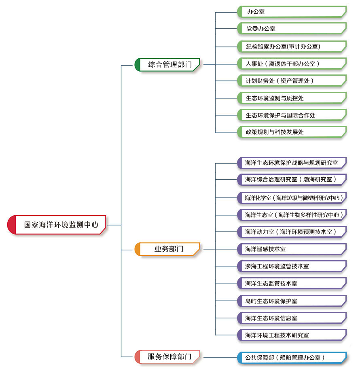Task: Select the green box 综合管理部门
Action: [167, 64]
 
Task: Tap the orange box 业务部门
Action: [167, 249]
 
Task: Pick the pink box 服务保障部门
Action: [167, 357]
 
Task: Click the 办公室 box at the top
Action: [292, 12]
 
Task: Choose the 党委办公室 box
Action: [292, 29]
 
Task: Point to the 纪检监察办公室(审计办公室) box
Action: [292, 46]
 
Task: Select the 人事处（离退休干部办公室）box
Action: [292, 64]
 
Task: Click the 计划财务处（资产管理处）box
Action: [292, 81]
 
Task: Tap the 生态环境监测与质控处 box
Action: [292, 98]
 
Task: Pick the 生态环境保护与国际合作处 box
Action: [292, 115]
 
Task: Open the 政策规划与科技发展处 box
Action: [292, 132]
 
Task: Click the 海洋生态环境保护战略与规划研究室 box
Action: [292, 163]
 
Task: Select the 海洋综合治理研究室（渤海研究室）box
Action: [292, 179]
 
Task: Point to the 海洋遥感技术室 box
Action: [292, 249]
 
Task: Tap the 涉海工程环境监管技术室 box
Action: [292, 266]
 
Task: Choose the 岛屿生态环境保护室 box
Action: [292, 301]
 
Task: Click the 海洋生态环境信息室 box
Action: [292, 318]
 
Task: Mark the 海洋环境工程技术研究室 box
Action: [292, 335]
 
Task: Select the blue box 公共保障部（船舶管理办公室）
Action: [292, 357]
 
